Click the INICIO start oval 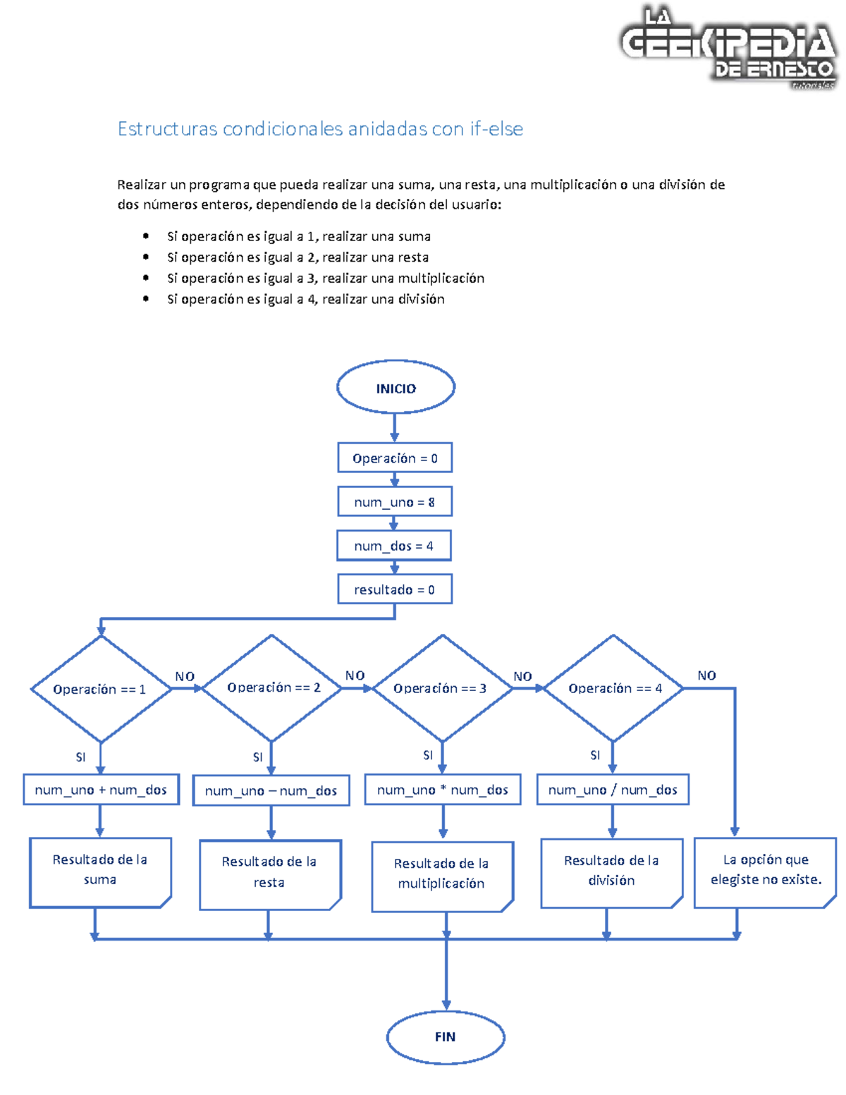[396, 387]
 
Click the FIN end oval [446, 1036]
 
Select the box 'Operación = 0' [395, 458]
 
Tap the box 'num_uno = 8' [394, 502]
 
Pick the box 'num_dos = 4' [394, 546]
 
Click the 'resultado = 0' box [394, 589]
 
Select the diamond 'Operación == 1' [100, 689]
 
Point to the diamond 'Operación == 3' [441, 688]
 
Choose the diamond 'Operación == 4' [613, 688]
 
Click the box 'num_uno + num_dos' [101, 790]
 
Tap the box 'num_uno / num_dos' [613, 790]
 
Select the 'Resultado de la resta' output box [269, 873]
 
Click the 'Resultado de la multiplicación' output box [442, 874]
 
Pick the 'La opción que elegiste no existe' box [766, 870]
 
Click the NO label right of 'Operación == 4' [706, 675]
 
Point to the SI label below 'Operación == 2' [257, 757]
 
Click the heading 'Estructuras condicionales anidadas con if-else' [320, 129]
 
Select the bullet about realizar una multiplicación [326, 279]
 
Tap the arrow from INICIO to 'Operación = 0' [395, 427]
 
